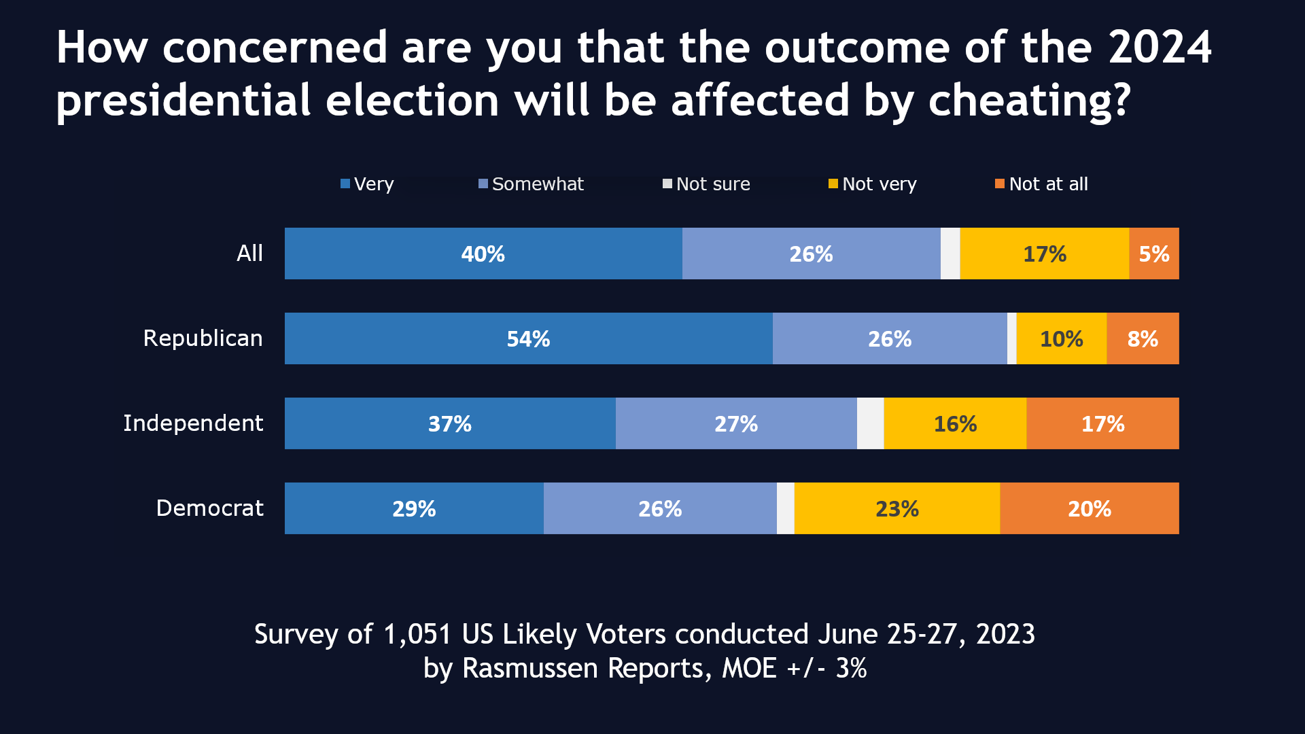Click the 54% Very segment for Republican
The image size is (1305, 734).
click(x=528, y=338)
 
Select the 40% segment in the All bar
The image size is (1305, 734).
click(x=483, y=254)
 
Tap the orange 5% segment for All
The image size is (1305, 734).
click(x=1153, y=254)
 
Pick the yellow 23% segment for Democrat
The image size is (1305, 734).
click(x=897, y=508)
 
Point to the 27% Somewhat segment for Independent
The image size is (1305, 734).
click(x=735, y=423)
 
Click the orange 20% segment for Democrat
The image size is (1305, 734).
click(x=1089, y=508)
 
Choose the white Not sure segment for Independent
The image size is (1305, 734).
click(x=870, y=423)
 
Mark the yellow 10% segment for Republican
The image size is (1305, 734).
click(x=1061, y=338)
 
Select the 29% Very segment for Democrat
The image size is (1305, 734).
click(x=413, y=508)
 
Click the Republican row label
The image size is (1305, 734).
click(x=203, y=338)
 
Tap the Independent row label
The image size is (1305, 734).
click(x=193, y=423)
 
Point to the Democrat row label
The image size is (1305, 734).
click(x=209, y=508)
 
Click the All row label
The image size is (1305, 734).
click(x=249, y=254)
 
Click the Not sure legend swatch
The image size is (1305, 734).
click(x=667, y=183)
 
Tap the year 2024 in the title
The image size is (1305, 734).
click(x=1160, y=48)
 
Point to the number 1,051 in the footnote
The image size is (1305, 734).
click(x=417, y=634)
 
